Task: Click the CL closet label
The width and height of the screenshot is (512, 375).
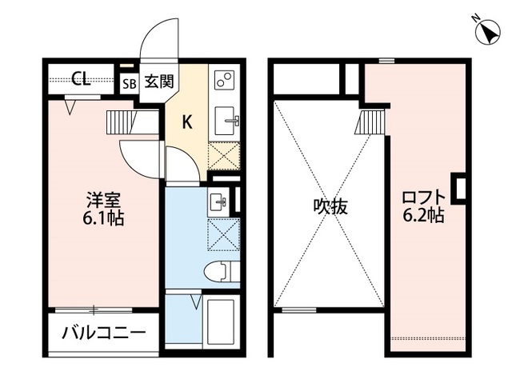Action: click(80, 78)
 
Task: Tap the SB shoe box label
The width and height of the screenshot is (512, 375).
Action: click(129, 81)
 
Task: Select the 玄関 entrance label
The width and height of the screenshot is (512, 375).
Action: click(155, 80)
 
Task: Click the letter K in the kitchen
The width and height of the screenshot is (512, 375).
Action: click(187, 122)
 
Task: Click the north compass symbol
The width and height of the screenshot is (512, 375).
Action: click(486, 33)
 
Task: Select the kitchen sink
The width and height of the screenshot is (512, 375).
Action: click(226, 120)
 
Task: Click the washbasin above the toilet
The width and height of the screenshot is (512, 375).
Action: click(218, 202)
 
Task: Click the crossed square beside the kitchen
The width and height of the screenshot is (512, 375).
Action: click(224, 155)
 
